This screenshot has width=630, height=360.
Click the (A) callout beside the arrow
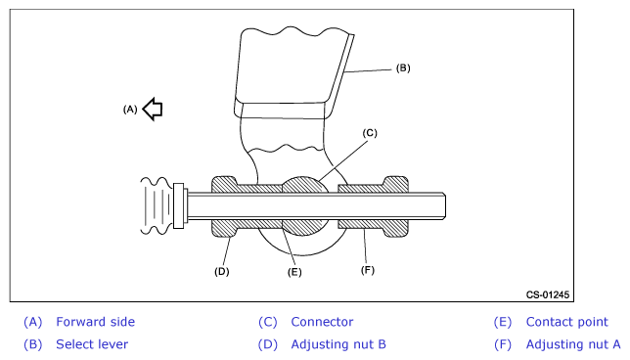130,110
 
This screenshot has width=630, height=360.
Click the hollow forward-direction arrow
153,109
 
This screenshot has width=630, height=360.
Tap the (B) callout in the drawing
403,67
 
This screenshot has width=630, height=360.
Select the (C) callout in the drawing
370,133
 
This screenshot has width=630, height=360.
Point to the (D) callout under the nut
222,272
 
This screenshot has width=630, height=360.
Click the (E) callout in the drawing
294,272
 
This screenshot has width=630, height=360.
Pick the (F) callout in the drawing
368,270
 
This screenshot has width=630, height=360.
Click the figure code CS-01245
548,294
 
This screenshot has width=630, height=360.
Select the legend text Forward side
95,322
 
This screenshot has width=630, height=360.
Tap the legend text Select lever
92,344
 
